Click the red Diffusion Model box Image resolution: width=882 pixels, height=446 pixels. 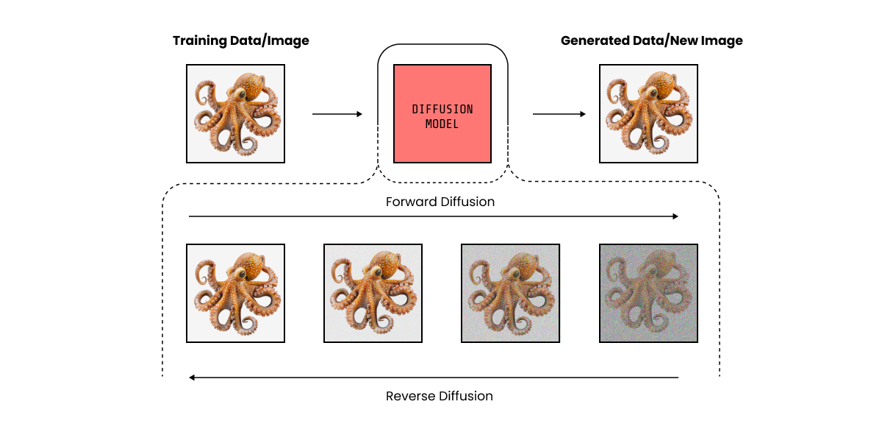click(442, 113)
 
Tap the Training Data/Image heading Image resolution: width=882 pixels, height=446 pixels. click(241, 41)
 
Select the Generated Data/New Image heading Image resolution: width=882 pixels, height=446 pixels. click(651, 41)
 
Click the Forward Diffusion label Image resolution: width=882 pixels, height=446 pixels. click(440, 202)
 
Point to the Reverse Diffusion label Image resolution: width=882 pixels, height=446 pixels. click(440, 396)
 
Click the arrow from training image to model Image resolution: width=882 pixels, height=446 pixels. click(337, 114)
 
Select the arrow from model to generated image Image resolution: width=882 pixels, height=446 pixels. click(559, 114)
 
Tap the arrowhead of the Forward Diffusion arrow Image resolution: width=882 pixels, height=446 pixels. click(675, 216)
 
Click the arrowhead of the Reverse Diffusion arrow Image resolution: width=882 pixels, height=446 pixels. click(192, 378)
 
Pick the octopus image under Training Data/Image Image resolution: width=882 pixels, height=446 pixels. click(235, 113)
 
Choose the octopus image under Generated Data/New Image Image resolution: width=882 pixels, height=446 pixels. click(648, 113)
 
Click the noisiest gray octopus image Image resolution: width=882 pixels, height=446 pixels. click(648, 293)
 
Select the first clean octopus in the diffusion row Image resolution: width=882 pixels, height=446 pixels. click(235, 293)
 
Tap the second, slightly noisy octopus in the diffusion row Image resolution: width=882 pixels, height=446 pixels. click(373, 293)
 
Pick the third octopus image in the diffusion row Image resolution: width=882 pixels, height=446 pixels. click(510, 293)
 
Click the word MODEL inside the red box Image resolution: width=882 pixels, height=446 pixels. click(442, 124)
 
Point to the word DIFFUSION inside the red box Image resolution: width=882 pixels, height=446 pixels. click(442, 110)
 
